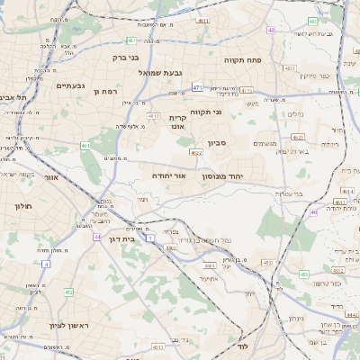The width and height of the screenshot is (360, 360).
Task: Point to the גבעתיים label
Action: pos(69,85)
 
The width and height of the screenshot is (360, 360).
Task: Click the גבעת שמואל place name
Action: pos(161,72)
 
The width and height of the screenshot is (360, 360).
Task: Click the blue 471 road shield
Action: pos(197,87)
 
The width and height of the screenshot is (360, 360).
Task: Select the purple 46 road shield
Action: pos(313,211)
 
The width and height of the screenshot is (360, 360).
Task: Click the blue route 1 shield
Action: pos(151,237)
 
